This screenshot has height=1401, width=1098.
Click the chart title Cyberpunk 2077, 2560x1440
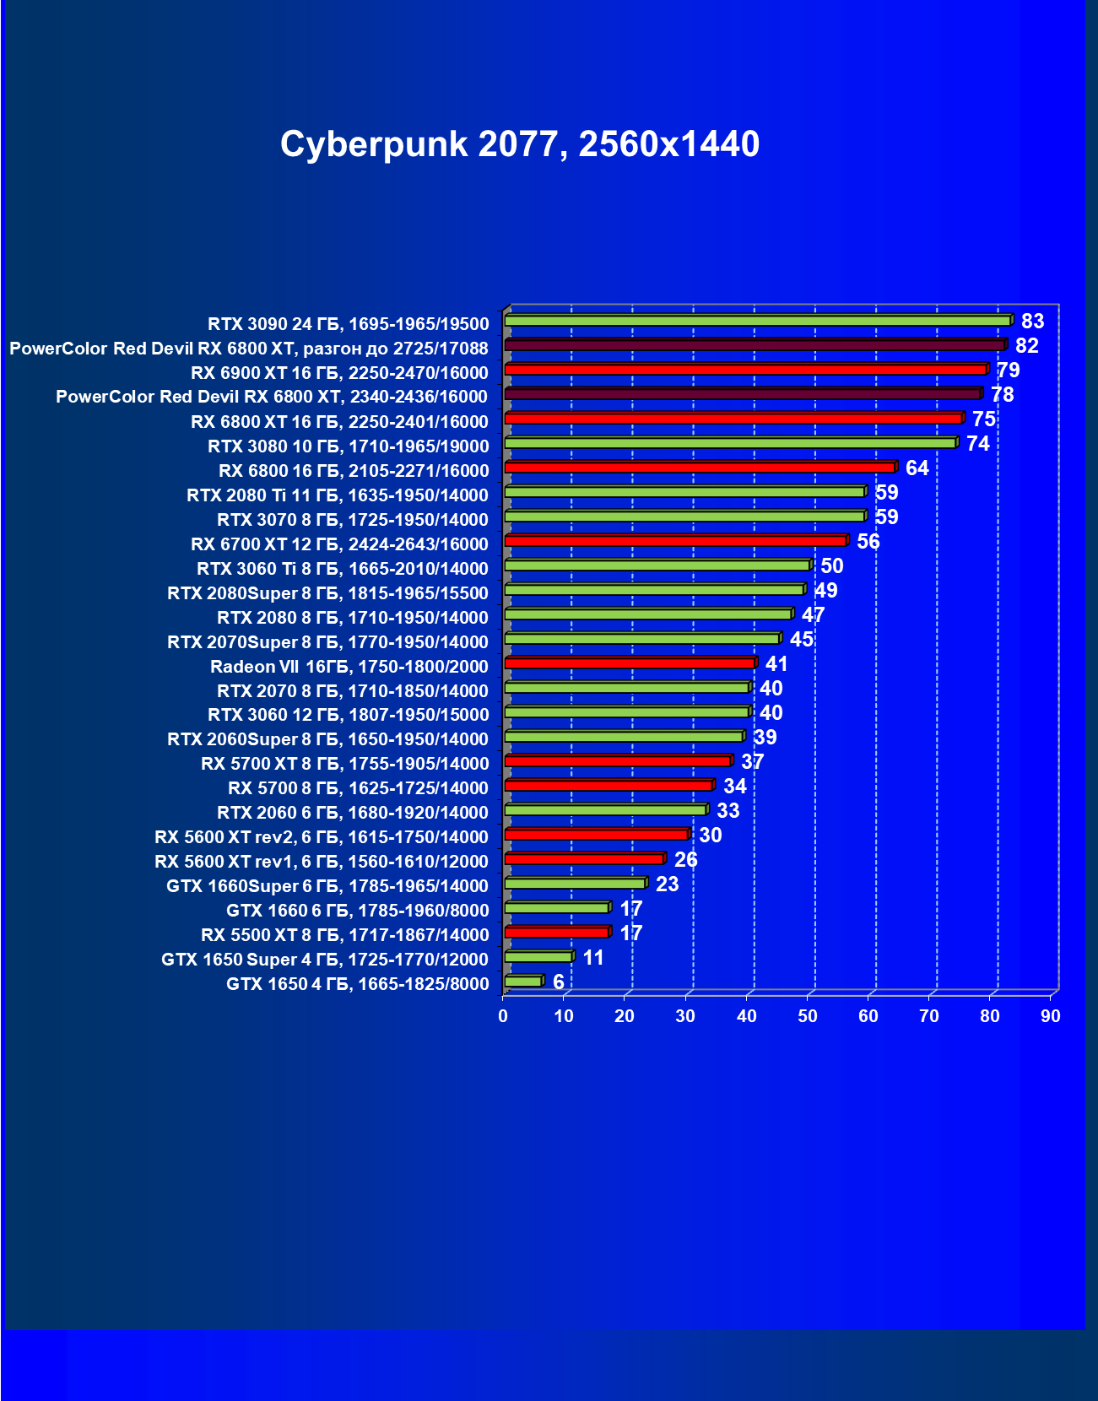tap(520, 144)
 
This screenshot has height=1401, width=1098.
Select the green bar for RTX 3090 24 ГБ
tap(757, 321)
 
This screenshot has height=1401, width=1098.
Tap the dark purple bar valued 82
tap(754, 345)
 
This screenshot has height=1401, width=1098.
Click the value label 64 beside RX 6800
tap(917, 468)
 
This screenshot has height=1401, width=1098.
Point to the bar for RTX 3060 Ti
tap(657, 565)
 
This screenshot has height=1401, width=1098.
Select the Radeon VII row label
tap(349, 667)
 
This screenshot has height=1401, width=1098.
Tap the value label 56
tap(868, 542)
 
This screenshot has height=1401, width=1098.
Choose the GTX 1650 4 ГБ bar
tap(522, 982)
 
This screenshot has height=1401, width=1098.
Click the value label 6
tap(558, 982)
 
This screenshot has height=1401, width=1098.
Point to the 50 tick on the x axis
tap(808, 1016)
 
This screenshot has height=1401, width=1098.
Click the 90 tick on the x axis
tap(1051, 1016)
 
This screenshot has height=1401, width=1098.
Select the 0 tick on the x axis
tap(503, 1016)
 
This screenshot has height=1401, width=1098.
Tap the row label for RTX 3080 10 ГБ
tap(348, 446)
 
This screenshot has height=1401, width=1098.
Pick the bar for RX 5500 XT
tap(556, 933)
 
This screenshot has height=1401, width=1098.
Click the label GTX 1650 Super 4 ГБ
tap(325, 960)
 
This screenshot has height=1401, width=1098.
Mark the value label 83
tap(1032, 322)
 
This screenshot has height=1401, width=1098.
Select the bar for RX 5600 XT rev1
tap(583, 859)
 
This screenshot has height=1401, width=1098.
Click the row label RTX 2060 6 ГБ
tap(352, 813)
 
